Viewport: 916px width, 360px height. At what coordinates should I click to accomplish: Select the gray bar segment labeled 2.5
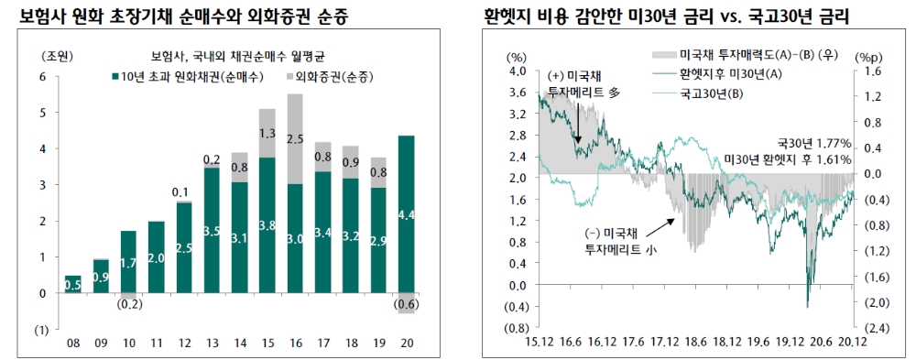pos(295,138)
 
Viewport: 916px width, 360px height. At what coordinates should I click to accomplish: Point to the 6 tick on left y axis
pos(43,77)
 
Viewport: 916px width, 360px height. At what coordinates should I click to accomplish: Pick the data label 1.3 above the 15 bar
pos(267,134)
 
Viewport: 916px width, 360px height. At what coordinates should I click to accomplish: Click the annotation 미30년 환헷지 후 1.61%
pos(787,158)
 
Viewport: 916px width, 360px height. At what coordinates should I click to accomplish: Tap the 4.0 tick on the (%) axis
pos(517,71)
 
